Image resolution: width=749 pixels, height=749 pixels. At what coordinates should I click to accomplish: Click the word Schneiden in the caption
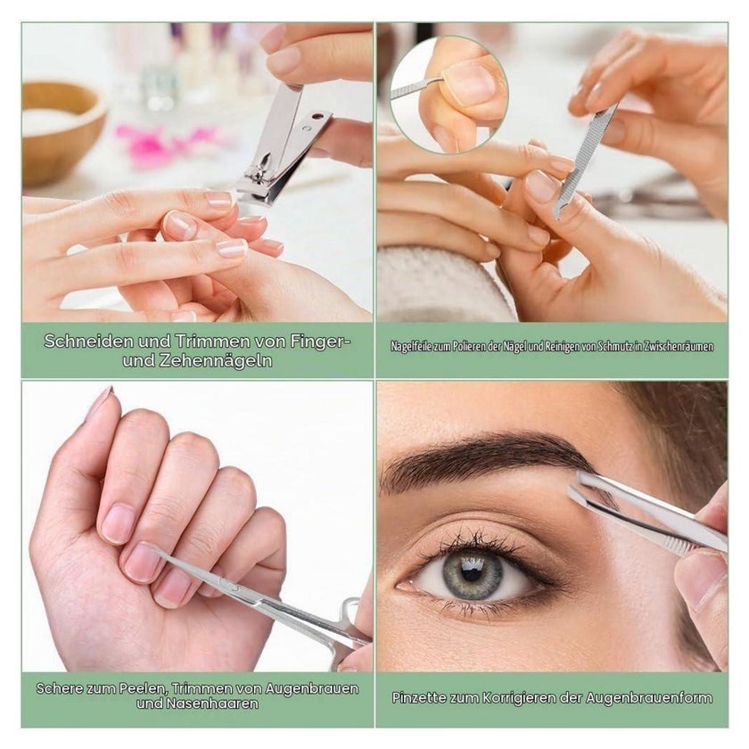coord(82,341)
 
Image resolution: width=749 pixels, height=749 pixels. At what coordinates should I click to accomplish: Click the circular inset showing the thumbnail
coord(449,95)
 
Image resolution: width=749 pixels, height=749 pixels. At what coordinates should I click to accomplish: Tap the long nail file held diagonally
coord(586,160)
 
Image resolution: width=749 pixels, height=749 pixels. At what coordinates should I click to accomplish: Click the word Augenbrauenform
coord(649,698)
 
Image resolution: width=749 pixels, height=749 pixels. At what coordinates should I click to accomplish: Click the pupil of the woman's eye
coord(472,571)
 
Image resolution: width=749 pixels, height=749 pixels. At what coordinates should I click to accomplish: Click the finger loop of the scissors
coord(347,616)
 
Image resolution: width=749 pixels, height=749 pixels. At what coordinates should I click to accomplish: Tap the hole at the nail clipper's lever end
coord(317,116)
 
